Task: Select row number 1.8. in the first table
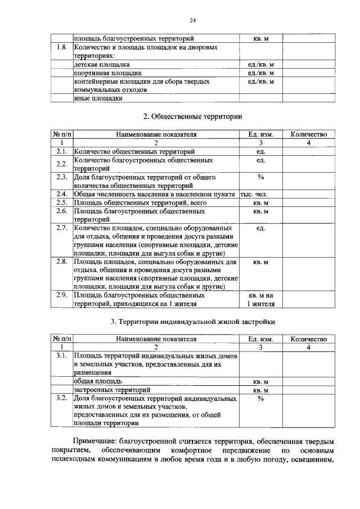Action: [62, 47]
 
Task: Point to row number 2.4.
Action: [62, 193]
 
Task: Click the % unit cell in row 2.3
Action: [260, 177]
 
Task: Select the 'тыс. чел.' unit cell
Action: [258, 193]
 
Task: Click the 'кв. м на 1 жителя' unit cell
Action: [260, 300]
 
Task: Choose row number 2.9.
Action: [62, 295]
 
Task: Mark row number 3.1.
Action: [62, 357]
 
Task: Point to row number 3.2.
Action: [62, 398]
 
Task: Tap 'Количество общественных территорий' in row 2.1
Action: [134, 152]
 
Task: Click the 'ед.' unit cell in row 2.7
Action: [260, 228]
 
